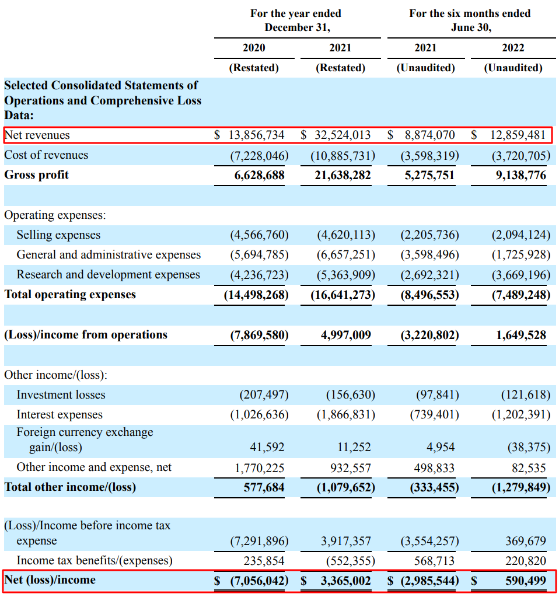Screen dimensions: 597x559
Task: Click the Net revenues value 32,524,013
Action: click(341, 135)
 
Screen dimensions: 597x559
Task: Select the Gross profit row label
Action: click(36, 174)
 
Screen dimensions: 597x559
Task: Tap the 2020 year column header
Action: click(253, 48)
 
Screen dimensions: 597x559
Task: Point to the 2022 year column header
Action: click(513, 48)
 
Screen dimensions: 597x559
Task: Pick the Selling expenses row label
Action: click(58, 235)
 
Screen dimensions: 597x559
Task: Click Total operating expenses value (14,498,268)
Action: click(256, 295)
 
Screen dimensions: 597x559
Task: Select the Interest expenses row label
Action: click(60, 415)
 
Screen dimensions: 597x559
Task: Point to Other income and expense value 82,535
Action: click(530, 467)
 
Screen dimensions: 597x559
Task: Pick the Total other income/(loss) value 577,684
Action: click(264, 487)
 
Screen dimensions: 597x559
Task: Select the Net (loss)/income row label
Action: click(50, 580)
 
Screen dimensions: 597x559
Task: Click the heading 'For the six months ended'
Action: click(470, 13)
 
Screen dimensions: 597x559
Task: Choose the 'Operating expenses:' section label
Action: click(55, 215)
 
